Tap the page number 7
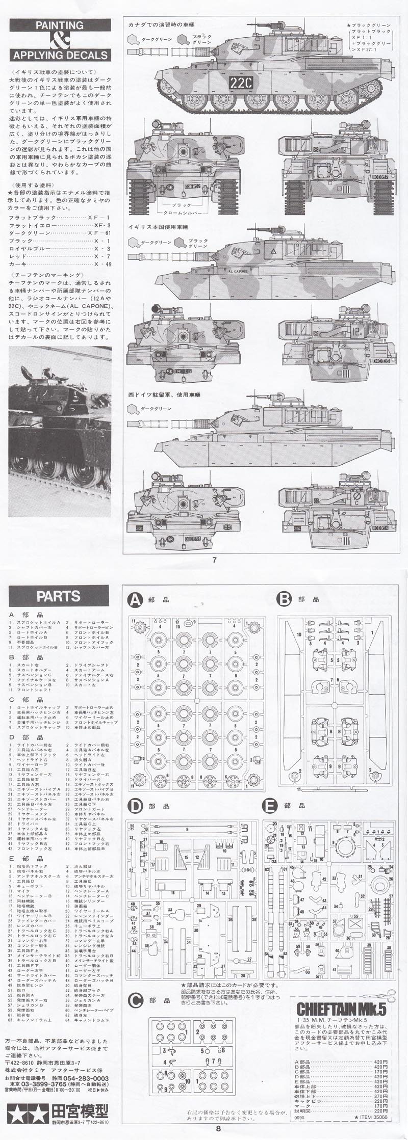[215, 560]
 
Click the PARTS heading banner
[59, 596]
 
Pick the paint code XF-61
[101, 232]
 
